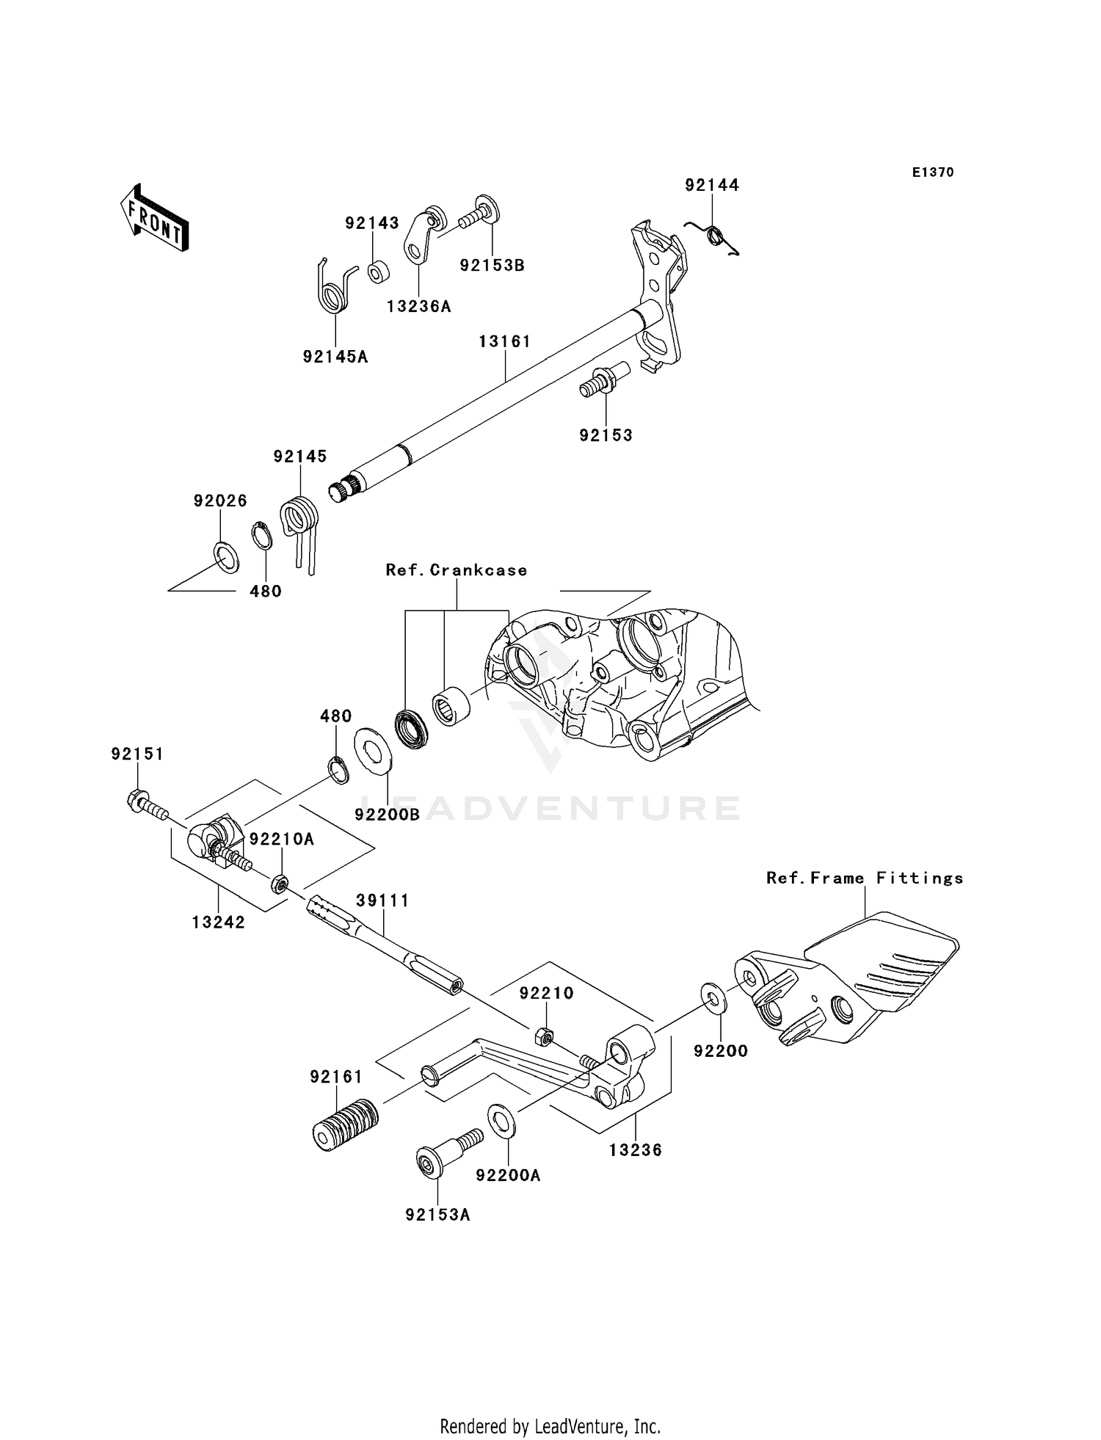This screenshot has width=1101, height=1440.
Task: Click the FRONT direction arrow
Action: pos(154,219)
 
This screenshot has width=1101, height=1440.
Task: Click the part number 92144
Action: pos(712,185)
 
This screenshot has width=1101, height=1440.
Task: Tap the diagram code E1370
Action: pos(933,172)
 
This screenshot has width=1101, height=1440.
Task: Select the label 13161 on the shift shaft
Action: pos(504,341)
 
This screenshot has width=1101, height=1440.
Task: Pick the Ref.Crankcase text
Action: pos(457,570)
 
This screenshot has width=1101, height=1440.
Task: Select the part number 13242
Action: pos(218,923)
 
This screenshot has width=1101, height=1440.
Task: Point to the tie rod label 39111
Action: pos(382,901)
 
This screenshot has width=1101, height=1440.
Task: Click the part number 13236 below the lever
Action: pos(635,1150)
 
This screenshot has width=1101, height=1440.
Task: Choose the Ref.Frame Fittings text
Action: pos(865,878)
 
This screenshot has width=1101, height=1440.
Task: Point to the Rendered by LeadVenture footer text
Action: pos(550,1426)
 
